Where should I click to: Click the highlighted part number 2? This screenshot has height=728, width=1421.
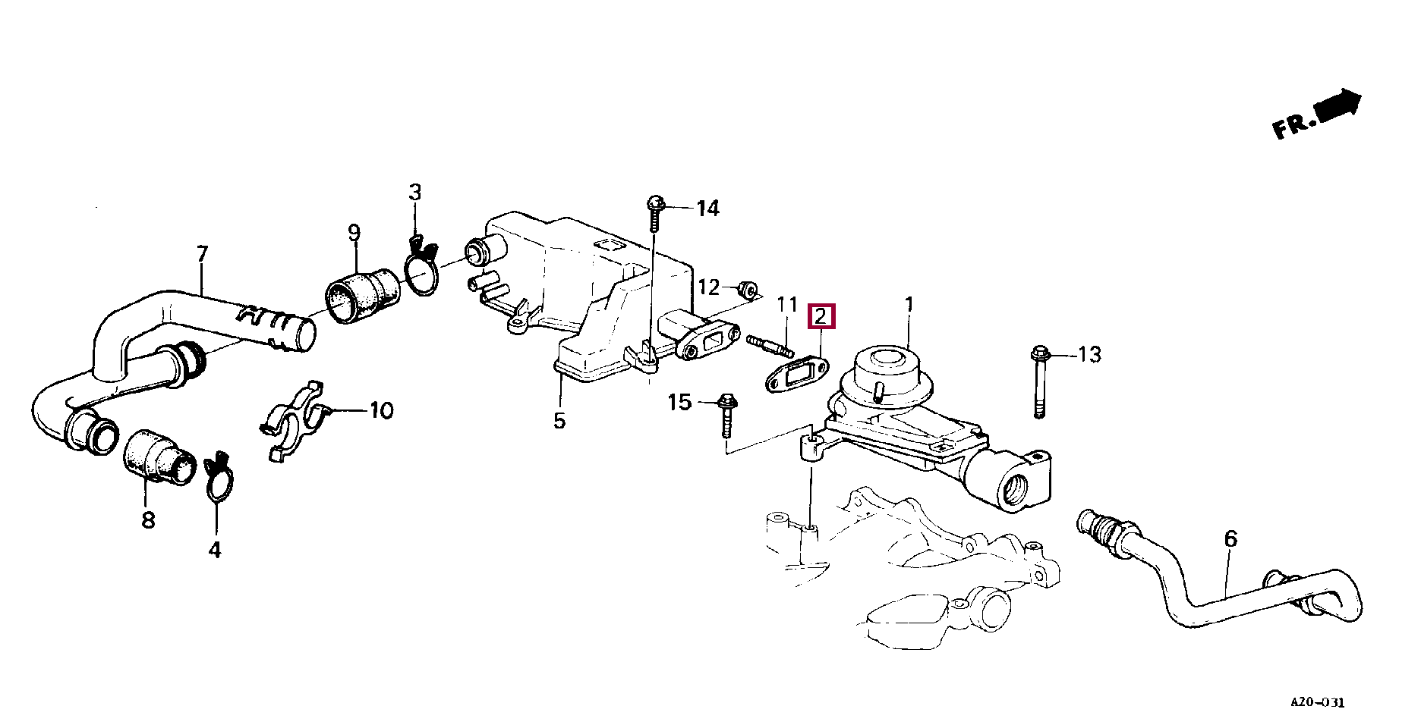(821, 316)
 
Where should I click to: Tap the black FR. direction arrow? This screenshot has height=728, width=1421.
(1341, 105)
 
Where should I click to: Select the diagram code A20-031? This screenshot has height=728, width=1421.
(1317, 703)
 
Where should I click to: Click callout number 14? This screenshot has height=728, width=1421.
(707, 208)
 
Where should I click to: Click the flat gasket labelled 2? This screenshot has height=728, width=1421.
(796, 376)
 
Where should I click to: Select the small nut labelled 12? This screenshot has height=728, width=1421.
(748, 289)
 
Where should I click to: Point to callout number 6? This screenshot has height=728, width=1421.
(1230, 539)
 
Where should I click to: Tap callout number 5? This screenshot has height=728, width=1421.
(559, 421)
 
